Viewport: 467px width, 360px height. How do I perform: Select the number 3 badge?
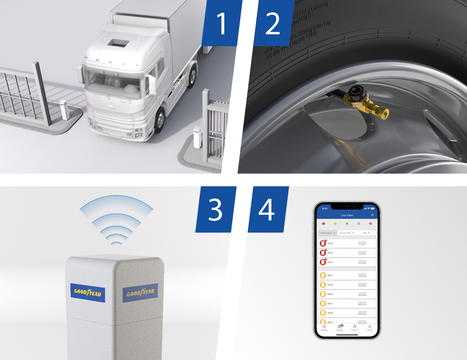(x=215, y=209)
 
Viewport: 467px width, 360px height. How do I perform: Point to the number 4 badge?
(x=267, y=209)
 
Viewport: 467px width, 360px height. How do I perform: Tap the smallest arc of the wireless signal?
(x=116, y=242)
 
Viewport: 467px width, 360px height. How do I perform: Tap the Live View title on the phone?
(x=347, y=215)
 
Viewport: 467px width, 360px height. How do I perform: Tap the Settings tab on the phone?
(x=370, y=327)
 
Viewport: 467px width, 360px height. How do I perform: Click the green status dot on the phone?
(x=347, y=224)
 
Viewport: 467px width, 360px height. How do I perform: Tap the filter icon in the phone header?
(x=372, y=215)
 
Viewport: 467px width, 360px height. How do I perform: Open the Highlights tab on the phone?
(x=324, y=327)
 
